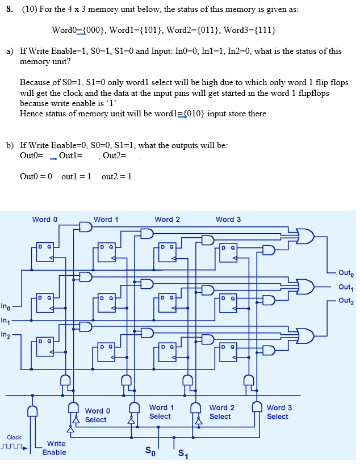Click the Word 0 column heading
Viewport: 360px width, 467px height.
point(45,220)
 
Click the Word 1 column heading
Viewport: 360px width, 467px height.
point(106,220)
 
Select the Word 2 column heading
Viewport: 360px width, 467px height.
point(168,220)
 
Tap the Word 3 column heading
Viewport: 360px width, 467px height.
point(228,220)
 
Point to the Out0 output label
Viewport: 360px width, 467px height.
point(345,272)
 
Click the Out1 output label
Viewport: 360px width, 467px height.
point(345,287)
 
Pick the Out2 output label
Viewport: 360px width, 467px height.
point(345,301)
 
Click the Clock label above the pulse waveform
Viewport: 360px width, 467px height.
point(14,437)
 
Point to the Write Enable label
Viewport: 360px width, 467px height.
point(56,448)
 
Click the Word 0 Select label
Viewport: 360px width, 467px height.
point(97,415)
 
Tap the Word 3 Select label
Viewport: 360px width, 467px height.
point(279,412)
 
